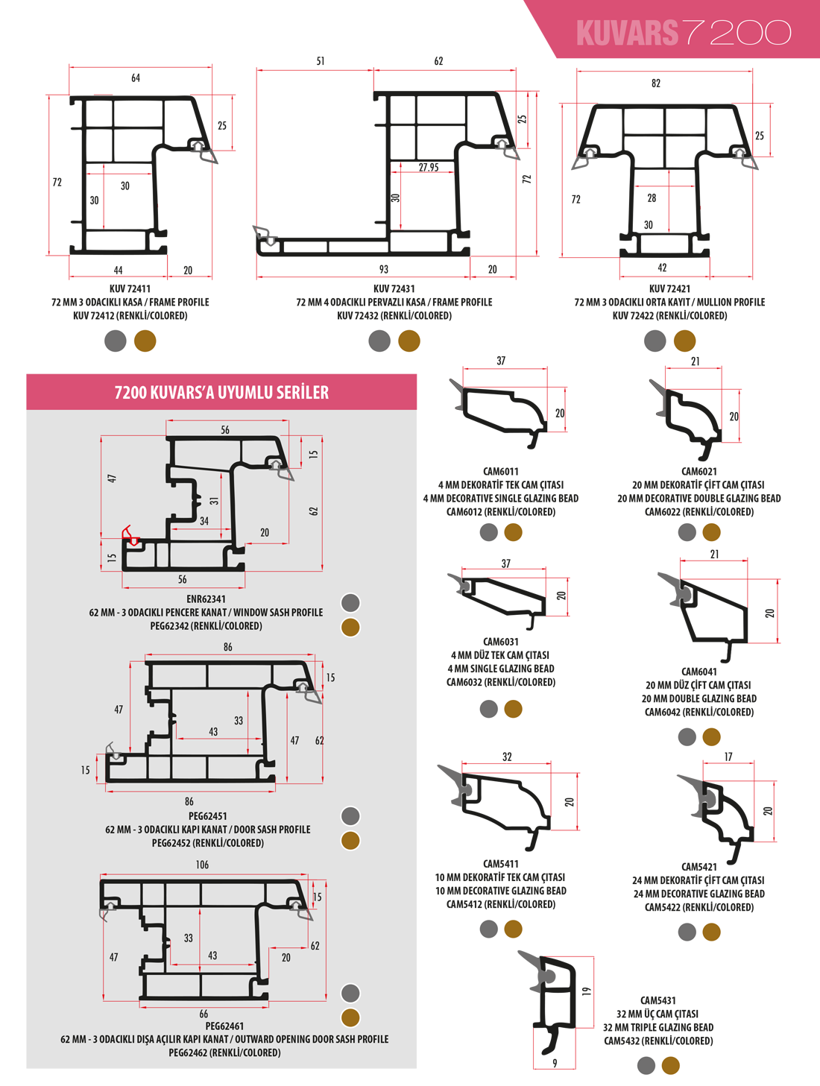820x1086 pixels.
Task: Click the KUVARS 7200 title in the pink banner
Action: [x=684, y=33]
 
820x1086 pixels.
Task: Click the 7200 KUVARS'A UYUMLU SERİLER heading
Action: [x=221, y=392]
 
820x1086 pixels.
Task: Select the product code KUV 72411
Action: [x=130, y=288]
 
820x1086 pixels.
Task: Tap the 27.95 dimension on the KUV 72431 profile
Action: [x=429, y=167]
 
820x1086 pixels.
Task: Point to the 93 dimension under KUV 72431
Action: [x=383, y=269]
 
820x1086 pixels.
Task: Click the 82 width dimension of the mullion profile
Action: [x=656, y=83]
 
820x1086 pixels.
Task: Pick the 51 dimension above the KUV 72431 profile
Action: [x=321, y=61]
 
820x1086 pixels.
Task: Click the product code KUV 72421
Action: [x=669, y=288]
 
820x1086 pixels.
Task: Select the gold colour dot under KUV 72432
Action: [x=409, y=341]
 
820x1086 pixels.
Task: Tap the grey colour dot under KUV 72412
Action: [x=116, y=341]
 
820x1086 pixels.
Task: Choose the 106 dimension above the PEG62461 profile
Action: [x=202, y=865]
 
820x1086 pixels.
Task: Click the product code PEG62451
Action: [x=207, y=816]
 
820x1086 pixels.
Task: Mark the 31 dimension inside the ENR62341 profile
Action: [x=214, y=501]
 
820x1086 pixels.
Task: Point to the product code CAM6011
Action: [x=500, y=471]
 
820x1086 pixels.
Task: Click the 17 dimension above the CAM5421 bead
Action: [x=728, y=757]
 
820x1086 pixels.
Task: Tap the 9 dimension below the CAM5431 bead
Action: [x=555, y=1063]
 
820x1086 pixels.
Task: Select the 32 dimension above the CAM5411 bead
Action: [x=507, y=757]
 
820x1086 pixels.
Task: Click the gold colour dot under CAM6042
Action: [x=711, y=736]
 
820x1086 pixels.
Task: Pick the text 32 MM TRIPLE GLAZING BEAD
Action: [x=657, y=1027]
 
